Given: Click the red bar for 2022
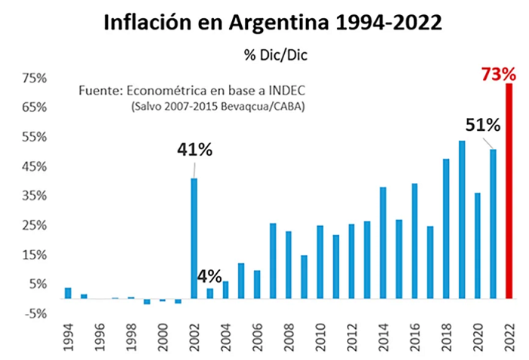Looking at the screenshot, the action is pos(509,191).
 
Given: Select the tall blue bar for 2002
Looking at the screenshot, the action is pos(194,238).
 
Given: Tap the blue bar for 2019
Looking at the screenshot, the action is pos(462,219).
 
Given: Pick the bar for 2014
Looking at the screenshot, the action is pos(383,243).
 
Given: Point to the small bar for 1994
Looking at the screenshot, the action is pos(68,293).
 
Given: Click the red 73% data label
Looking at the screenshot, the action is pos(498,74).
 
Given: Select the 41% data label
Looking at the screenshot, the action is pos(195,150).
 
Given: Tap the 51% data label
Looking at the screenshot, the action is pos(483,125).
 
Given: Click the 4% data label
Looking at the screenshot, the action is pos(209,277).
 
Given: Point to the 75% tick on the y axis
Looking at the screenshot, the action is pos(34,79).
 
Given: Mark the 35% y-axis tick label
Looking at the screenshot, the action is pos(34,196).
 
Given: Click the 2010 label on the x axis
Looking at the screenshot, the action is pos(320,337).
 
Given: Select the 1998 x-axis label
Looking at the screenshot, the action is pos(131,337).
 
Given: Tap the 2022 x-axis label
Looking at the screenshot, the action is pos(509,337).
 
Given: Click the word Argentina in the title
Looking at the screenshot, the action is pos(279,23).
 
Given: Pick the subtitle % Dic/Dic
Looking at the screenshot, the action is pos(276,55).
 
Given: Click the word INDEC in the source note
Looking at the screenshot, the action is pos(286,91).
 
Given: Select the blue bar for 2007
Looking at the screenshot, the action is pos(273,261).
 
